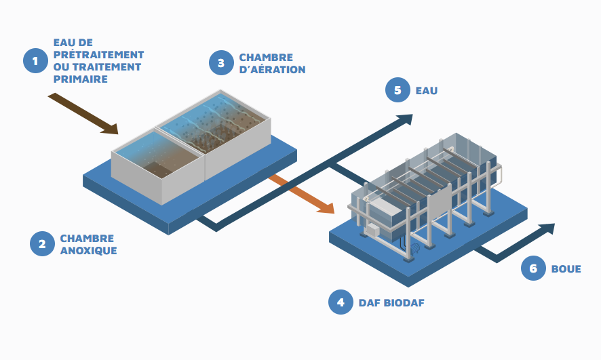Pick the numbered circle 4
point(341,302)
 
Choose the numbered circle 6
point(533,268)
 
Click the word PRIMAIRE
point(81,79)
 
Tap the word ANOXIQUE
point(88,251)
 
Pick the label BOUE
point(566,268)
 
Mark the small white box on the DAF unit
point(372,230)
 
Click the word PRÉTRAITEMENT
point(98,54)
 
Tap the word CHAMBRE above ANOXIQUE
point(87,239)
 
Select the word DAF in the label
point(369,303)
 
